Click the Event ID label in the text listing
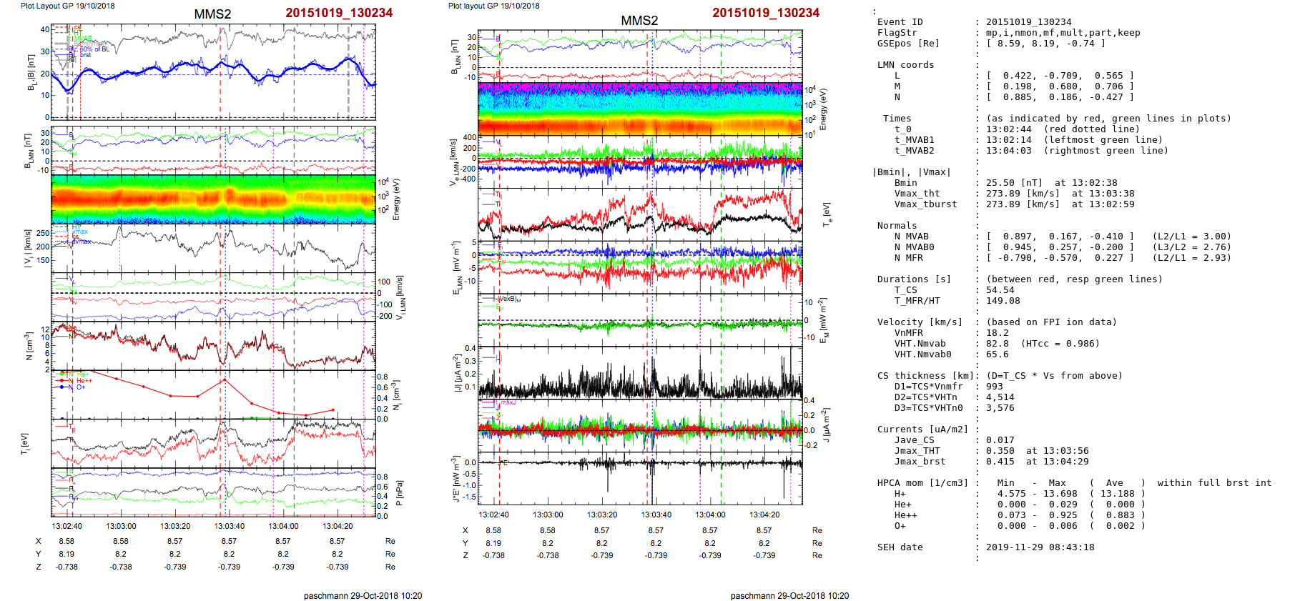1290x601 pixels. click(900, 22)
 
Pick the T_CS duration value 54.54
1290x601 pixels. click(1000, 290)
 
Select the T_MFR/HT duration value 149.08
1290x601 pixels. click(1003, 301)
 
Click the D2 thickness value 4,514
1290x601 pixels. click(1000, 397)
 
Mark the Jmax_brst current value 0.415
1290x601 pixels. click(1000, 462)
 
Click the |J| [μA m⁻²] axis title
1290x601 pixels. click(456, 372)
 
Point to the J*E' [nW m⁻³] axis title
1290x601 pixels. click(456, 479)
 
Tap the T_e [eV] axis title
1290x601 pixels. click(827, 213)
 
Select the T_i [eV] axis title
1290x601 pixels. click(25, 443)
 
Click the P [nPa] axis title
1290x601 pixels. click(399, 493)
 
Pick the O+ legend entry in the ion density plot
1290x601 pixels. click(81, 387)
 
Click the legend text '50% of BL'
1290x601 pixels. click(94, 49)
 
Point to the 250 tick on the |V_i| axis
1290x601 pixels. click(43, 234)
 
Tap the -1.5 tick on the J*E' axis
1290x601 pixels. click(470, 497)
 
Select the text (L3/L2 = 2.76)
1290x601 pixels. click(1191, 247)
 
